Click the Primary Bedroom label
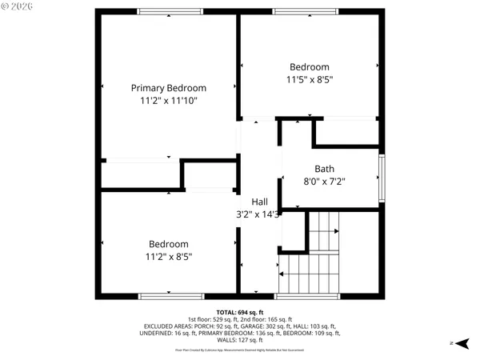169,88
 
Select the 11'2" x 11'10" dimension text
169,101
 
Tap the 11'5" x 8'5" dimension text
309,79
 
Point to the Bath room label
324,169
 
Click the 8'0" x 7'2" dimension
324,182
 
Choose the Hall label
260,202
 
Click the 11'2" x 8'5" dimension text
169,257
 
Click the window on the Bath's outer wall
382,178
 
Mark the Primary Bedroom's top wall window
170,12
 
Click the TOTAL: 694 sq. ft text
240,312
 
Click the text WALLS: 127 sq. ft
240,340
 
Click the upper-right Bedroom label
309,66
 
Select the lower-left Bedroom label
169,244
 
